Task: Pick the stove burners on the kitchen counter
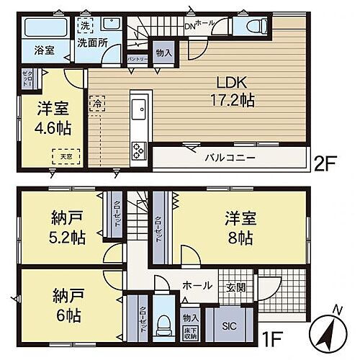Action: click(138, 149)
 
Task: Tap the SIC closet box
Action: click(229, 324)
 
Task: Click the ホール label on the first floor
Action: click(197, 286)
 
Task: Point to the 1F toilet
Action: click(164, 321)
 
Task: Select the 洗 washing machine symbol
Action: click(85, 23)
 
